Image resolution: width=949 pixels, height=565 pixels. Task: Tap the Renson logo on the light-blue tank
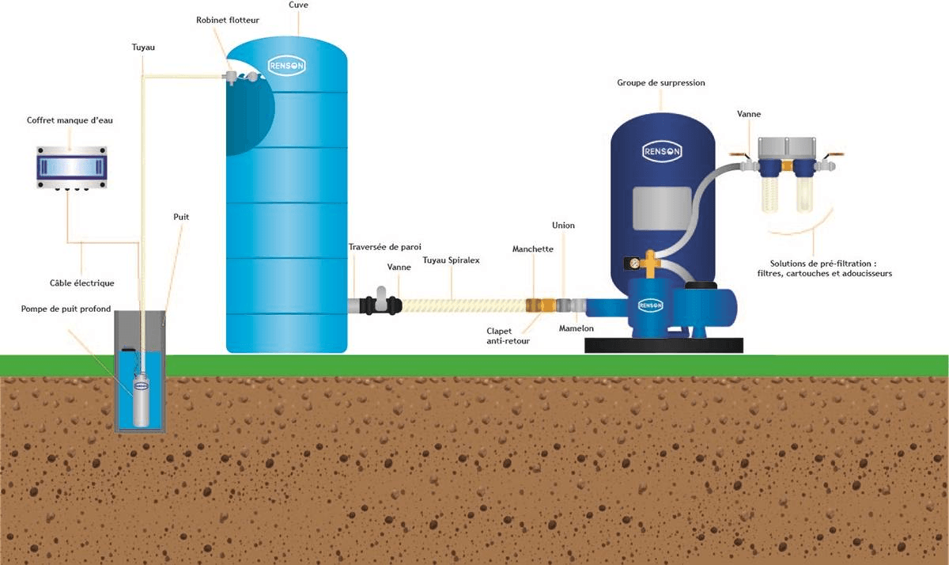(286, 66)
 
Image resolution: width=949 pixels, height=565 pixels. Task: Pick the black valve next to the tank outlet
(382, 304)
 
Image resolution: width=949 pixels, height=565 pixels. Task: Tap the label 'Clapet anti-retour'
(509, 336)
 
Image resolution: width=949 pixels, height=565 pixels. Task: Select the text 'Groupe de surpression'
(660, 82)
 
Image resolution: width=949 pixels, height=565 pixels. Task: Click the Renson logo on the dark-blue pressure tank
(662, 151)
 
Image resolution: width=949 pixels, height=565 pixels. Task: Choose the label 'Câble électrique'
(82, 282)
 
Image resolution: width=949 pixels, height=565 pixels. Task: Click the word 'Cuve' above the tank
(298, 6)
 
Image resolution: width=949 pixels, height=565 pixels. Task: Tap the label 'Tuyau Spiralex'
(451, 260)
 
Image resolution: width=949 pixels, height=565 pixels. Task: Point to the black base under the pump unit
(664, 345)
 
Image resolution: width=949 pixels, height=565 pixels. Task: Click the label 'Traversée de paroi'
(385, 247)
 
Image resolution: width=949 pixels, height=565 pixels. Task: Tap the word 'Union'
(563, 226)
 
